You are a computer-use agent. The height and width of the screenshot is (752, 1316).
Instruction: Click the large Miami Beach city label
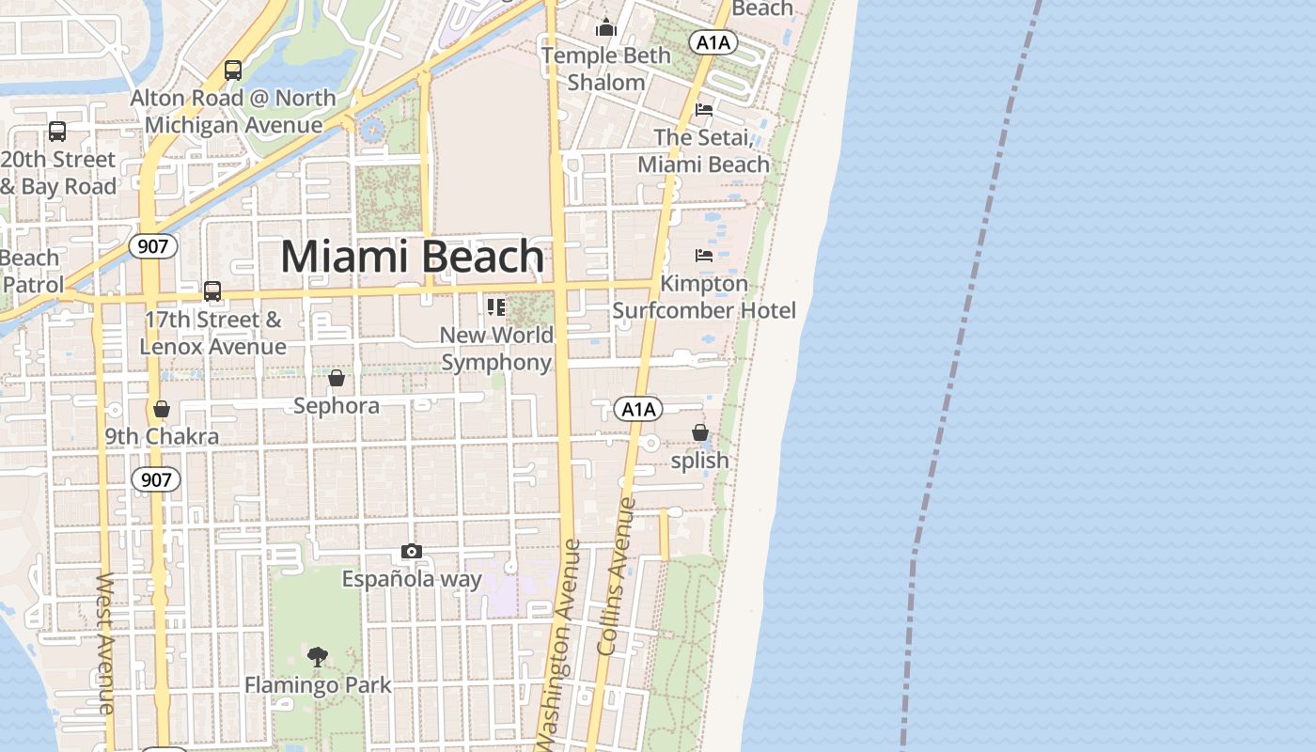point(413,257)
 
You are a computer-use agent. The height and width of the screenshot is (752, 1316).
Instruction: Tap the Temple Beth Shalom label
point(606,69)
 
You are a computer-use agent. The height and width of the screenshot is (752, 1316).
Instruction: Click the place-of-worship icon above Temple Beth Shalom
point(606,28)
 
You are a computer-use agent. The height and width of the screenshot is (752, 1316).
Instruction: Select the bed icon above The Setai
point(703,110)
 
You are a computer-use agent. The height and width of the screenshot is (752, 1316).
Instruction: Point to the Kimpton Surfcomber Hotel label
point(704,297)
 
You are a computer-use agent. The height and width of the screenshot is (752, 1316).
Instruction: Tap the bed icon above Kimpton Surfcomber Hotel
point(703,256)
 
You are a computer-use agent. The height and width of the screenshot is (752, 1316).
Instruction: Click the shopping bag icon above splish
point(700,432)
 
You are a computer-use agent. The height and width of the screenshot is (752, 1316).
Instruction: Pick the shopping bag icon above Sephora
point(337,378)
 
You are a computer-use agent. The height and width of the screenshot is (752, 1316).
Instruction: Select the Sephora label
point(337,406)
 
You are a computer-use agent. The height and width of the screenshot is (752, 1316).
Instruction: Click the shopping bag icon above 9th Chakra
point(162,409)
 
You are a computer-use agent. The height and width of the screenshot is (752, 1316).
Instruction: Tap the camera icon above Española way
point(411,552)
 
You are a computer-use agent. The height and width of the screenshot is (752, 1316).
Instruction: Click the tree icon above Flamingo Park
point(318,656)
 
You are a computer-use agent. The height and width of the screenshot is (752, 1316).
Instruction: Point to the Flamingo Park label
point(318,685)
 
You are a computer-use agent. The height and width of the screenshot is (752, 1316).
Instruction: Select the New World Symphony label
point(496,349)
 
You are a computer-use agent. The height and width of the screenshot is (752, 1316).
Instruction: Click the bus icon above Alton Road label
point(232,70)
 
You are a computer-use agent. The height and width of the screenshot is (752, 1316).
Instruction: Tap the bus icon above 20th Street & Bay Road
point(57,132)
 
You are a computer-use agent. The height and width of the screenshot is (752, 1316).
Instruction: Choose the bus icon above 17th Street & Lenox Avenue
point(212,291)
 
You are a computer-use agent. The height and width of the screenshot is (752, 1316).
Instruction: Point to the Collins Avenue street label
point(617,575)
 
